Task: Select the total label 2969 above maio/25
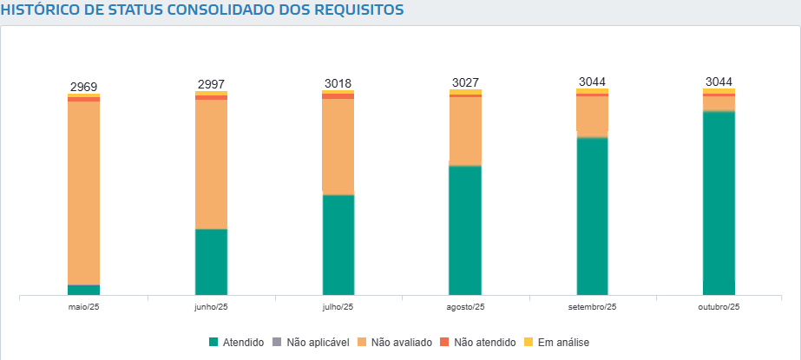click(83, 87)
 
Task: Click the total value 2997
click(211, 84)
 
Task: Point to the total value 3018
click(338, 83)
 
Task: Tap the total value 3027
click(465, 82)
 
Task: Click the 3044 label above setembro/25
click(592, 82)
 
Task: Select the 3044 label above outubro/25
click(719, 82)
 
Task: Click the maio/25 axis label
click(83, 307)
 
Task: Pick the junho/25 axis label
click(211, 307)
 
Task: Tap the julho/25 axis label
click(338, 307)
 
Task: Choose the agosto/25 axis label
click(465, 307)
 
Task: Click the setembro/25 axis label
click(592, 307)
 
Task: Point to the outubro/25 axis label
click(719, 307)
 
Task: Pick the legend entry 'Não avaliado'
click(395, 343)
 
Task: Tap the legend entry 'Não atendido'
click(478, 343)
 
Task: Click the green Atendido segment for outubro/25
click(719, 204)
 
